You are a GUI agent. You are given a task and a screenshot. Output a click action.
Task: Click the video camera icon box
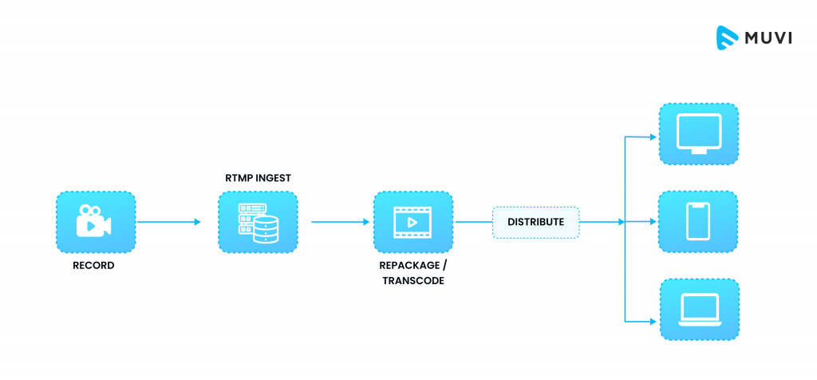pos(95,222)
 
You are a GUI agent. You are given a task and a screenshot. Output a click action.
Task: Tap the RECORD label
pos(93,266)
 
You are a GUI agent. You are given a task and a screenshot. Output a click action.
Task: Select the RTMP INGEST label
pos(257,179)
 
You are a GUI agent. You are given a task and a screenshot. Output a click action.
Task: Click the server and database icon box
pos(257,222)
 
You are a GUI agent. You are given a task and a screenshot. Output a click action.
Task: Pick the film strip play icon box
pos(412,222)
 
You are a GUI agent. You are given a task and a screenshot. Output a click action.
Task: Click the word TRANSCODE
pos(412,281)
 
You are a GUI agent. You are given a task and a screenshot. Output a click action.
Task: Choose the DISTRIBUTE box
pos(535,222)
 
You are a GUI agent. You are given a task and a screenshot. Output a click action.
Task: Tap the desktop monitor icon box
pos(698,133)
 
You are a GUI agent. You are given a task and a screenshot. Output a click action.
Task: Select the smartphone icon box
pos(698,221)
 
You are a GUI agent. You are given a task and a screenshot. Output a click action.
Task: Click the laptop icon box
pos(698,309)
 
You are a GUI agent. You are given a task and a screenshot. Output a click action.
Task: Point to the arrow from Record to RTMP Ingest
pos(168,222)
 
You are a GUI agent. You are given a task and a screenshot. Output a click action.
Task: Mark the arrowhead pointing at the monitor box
pos(651,137)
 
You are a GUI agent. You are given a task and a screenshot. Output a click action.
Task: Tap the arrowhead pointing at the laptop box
pos(651,321)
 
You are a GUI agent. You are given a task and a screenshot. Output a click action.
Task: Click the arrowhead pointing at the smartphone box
pos(651,222)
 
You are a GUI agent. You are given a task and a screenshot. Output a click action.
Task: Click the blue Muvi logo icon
pos(725,38)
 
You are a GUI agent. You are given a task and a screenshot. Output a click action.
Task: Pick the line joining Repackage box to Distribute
pos(472,222)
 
